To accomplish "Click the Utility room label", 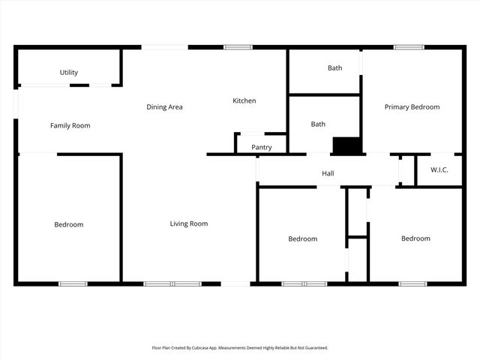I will [x=69, y=73].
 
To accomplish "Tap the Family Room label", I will [x=70, y=125].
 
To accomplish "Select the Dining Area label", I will [x=164, y=107].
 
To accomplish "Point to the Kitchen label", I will [x=244, y=100].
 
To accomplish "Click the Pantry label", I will [x=262, y=147].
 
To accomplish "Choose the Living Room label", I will [x=188, y=223].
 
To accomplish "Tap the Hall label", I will [x=328, y=174].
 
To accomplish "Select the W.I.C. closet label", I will [x=439, y=169].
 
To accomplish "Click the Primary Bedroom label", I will [x=412, y=107].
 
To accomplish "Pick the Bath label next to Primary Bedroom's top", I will [x=334, y=68].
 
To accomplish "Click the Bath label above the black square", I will [x=318, y=124].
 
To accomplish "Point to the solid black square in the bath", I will [x=346, y=145].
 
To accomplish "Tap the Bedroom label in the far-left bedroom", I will [x=68, y=224].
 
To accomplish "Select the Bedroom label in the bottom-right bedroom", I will [x=415, y=238].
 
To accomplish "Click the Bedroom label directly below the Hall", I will [x=302, y=239].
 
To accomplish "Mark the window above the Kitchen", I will [x=238, y=47].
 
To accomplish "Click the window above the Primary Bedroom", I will [x=409, y=47].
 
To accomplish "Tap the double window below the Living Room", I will [x=172, y=283].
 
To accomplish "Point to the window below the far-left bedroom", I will [x=73, y=283].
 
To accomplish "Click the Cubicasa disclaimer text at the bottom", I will [x=240, y=348].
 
